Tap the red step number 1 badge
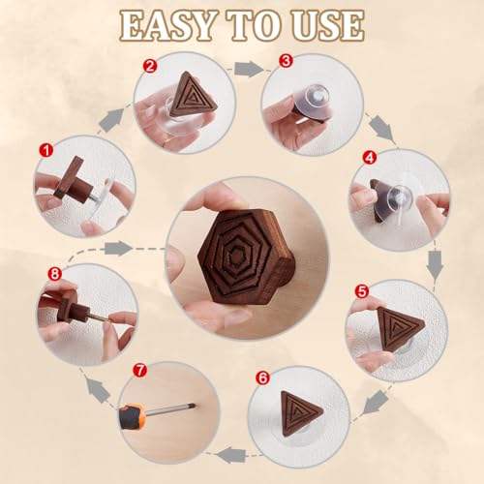(44, 151)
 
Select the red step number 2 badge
(149, 67)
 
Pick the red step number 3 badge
(286, 60)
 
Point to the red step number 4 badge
(368, 156)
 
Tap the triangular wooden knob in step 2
(192, 95)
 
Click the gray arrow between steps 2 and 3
(249, 69)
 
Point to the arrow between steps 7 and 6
(231, 453)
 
